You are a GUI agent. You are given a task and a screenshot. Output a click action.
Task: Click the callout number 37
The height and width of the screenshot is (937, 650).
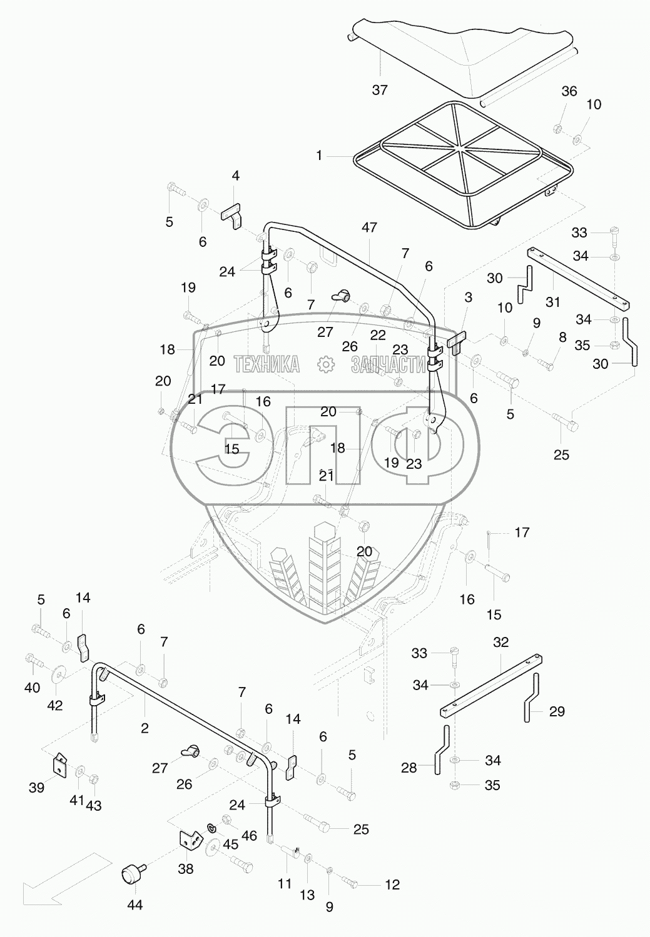(x=380, y=90)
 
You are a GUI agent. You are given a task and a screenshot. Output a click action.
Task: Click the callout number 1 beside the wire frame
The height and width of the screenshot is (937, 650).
(x=319, y=155)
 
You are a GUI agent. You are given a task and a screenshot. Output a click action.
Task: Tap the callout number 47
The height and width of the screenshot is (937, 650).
(x=369, y=228)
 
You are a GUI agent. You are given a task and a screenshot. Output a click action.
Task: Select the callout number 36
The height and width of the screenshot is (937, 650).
(x=569, y=91)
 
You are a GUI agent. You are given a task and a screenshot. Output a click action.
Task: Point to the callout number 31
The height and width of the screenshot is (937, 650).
(x=552, y=303)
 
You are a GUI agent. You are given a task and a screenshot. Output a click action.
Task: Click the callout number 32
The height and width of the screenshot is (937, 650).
(x=500, y=642)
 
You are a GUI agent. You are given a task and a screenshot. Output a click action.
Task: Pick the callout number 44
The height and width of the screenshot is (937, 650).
(x=135, y=905)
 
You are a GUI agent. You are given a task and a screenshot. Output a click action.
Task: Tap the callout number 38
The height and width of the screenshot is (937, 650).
(x=186, y=869)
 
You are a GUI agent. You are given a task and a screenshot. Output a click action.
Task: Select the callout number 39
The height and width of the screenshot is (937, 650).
(x=37, y=788)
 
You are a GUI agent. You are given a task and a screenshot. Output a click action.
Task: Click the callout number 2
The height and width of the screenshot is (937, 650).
(x=145, y=728)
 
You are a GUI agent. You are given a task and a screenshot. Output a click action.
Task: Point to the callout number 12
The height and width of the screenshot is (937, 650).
(x=392, y=884)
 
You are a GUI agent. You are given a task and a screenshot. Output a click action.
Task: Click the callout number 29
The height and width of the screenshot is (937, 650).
(x=557, y=711)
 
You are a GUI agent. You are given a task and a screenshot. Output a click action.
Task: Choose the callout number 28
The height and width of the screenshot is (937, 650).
(x=409, y=767)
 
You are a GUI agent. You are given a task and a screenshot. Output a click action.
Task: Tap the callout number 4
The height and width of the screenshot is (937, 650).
(x=235, y=176)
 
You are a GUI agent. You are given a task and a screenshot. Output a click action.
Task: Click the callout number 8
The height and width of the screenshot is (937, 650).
(x=562, y=338)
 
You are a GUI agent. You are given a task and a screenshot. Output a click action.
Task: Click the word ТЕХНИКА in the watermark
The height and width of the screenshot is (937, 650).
(x=267, y=364)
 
